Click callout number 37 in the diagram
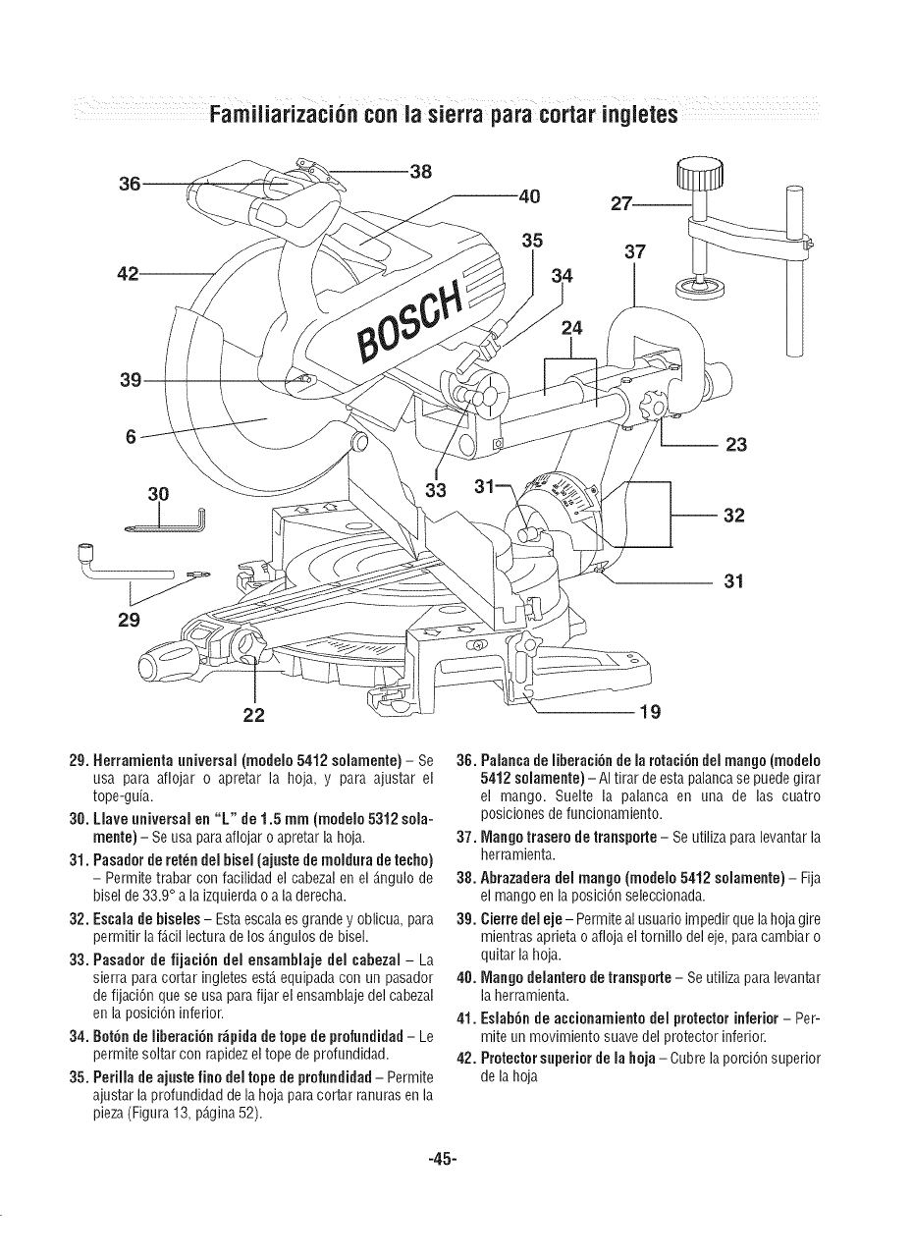[x=636, y=253]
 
